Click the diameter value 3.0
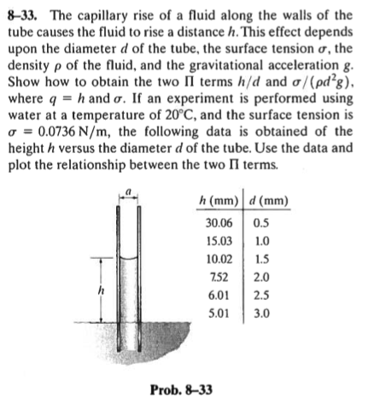(x=259, y=319)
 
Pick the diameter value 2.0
(x=259, y=280)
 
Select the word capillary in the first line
(x=110, y=15)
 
